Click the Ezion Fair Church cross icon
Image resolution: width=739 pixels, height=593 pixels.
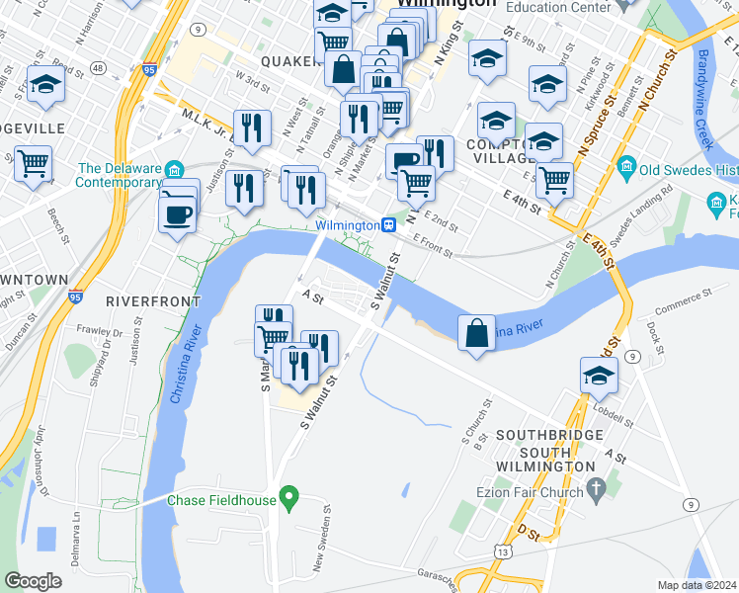point(595,487)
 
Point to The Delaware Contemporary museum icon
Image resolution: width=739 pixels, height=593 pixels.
point(174,168)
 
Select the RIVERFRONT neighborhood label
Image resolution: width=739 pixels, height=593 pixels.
point(152,300)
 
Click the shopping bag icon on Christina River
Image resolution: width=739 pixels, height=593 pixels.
point(477,333)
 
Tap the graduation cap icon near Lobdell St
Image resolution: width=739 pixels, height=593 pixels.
point(599,377)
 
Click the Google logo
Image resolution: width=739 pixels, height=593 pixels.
point(33,581)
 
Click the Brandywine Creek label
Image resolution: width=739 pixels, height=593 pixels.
point(706,99)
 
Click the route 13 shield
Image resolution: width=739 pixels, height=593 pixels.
point(505,551)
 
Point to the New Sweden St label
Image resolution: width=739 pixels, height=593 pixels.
point(321,549)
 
